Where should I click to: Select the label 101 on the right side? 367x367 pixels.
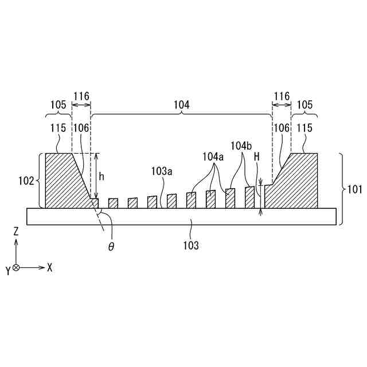(x=354, y=190)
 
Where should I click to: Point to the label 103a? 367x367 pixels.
(x=162, y=171)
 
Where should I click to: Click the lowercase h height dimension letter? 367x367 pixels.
(x=101, y=177)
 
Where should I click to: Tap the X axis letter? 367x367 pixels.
(x=50, y=267)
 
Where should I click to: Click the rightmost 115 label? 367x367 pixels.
(x=304, y=128)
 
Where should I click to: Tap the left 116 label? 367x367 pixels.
(x=81, y=96)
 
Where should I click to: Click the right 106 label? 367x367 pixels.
(x=282, y=128)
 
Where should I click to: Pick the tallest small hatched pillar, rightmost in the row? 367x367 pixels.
(x=249, y=197)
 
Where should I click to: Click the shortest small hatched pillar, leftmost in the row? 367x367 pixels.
(x=113, y=202)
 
